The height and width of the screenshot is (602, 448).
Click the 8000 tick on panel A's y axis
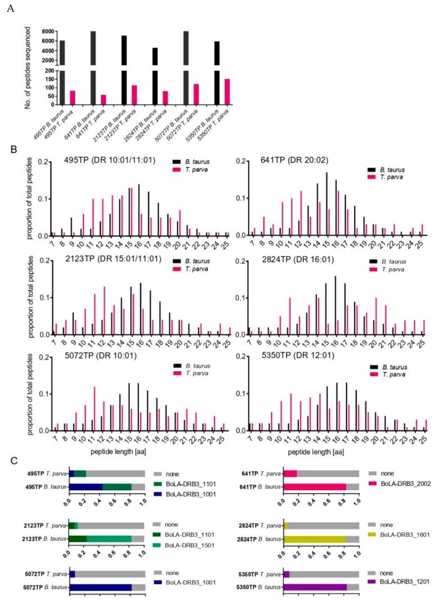tap(47, 31)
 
